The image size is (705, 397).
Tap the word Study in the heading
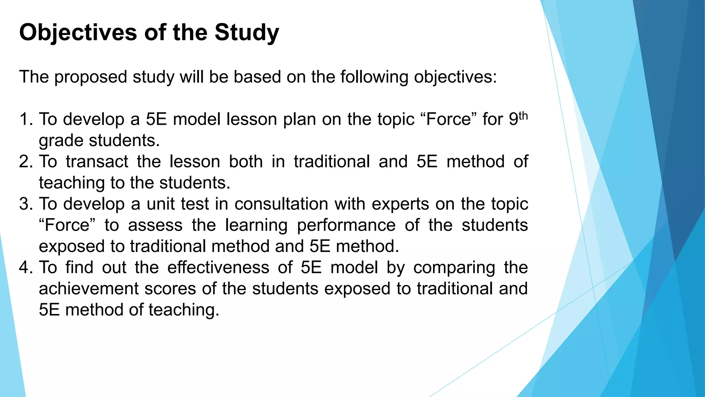click(x=247, y=33)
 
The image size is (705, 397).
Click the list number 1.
click(x=25, y=119)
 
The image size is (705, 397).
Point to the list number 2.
click(x=25, y=162)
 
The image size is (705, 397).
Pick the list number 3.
click(x=25, y=204)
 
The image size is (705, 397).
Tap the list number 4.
click(x=25, y=267)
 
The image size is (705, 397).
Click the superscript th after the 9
click(x=523, y=115)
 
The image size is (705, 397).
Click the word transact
click(x=97, y=162)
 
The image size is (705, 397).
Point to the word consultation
click(x=281, y=204)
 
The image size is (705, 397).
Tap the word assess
click(x=155, y=225)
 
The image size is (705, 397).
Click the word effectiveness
click(x=218, y=267)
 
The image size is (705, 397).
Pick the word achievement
click(x=88, y=289)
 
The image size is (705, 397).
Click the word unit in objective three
click(x=160, y=204)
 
